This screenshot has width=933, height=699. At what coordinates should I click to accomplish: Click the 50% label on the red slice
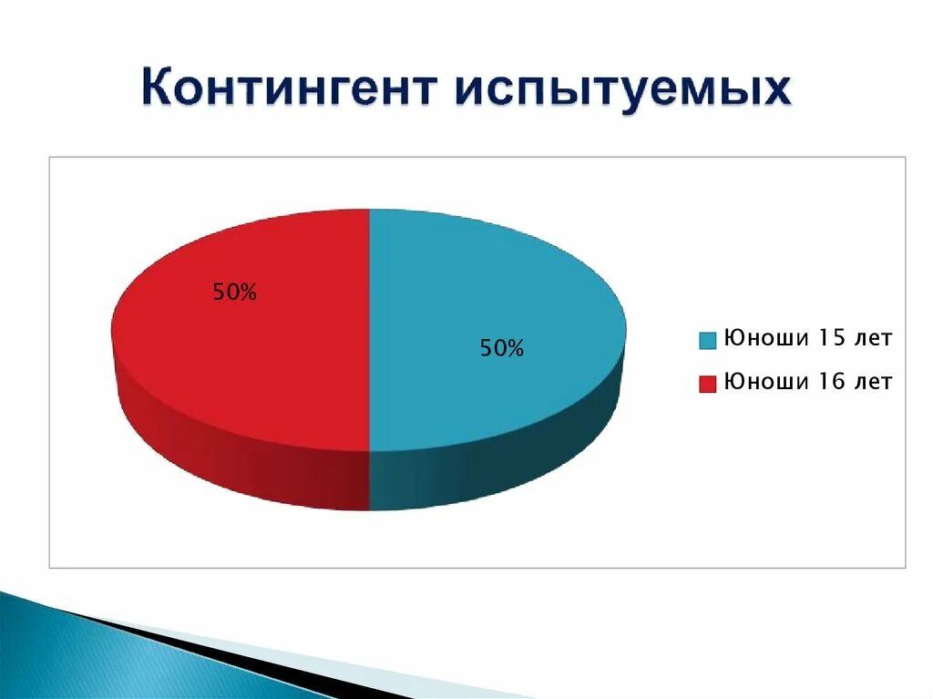(x=235, y=293)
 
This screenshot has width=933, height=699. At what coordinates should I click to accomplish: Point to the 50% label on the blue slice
(x=502, y=348)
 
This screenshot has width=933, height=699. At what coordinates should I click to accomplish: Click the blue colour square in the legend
(x=708, y=341)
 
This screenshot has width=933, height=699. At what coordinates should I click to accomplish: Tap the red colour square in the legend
(x=708, y=383)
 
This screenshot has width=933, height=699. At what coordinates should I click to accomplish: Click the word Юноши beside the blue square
(x=766, y=338)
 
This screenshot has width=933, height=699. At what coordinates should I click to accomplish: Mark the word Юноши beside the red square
(x=766, y=381)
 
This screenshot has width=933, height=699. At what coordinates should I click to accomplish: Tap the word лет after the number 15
(x=874, y=338)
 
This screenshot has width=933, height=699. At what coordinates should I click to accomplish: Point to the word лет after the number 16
(x=874, y=381)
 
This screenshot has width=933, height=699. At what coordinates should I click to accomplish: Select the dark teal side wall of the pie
(x=510, y=465)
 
